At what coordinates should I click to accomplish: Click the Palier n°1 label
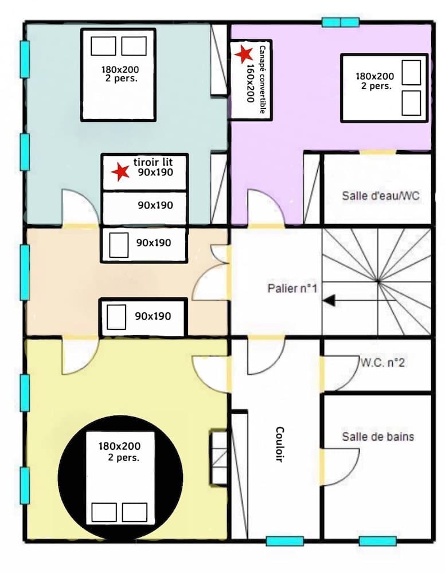coord(292,288)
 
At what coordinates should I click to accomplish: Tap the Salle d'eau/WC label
coord(381,195)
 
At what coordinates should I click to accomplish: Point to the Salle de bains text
coord(378,437)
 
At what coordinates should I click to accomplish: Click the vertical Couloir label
coord(280,444)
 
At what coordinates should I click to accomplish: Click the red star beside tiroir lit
coord(120,171)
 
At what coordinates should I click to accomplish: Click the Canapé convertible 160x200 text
coord(256,80)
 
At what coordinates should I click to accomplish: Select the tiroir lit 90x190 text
coord(151,167)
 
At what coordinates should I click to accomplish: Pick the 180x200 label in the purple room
coord(374,81)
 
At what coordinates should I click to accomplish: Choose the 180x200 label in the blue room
coord(120,74)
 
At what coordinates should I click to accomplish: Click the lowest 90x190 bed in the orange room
coord(143,317)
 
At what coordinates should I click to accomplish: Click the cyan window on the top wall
coord(340,22)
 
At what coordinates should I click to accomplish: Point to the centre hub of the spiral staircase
coord(378,281)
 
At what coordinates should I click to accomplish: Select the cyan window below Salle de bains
coord(377,541)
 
